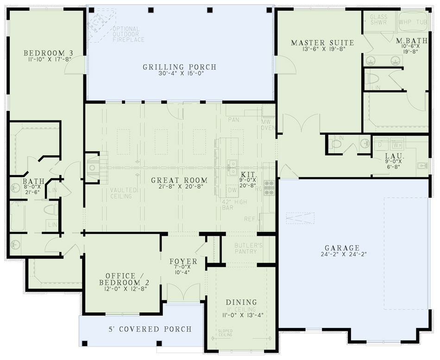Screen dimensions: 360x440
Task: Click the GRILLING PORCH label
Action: pyautogui.click(x=179, y=67)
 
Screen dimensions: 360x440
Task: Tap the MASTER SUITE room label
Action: pyautogui.click(x=322, y=43)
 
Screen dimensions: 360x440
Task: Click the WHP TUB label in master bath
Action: pyautogui.click(x=413, y=22)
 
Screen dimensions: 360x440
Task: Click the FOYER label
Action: pyautogui.click(x=183, y=262)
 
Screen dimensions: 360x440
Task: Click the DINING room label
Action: pyautogui.click(x=241, y=302)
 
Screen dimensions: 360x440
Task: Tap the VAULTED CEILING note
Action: pyautogui.click(x=121, y=193)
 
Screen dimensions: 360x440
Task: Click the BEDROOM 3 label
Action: pyautogui.click(x=48, y=53)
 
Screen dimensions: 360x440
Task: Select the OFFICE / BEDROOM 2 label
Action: pyautogui.click(x=120, y=278)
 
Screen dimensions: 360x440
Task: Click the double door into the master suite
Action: pyautogui.click(x=301, y=124)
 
